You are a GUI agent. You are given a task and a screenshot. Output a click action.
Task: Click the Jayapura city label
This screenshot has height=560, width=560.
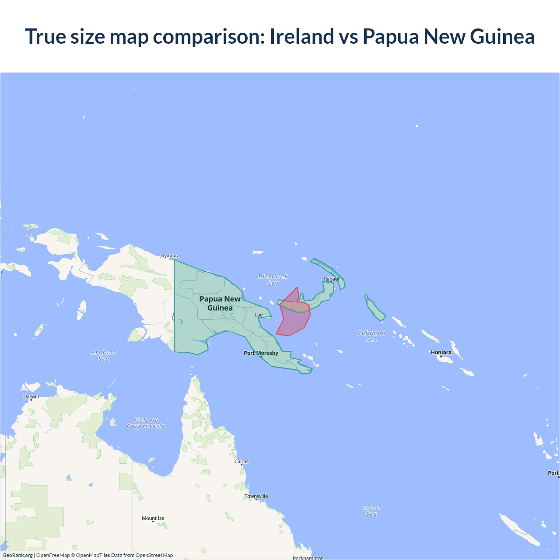click(170, 255)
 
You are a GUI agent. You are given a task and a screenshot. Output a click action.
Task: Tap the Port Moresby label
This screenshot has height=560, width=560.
click(261, 353)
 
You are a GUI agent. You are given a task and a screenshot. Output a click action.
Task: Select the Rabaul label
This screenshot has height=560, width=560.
click(331, 279)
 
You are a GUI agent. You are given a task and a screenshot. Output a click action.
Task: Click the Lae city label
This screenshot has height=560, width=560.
click(259, 315)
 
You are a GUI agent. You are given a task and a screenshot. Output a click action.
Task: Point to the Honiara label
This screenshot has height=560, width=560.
click(441, 352)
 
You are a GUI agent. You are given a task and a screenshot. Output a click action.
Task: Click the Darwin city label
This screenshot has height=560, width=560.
click(31, 397)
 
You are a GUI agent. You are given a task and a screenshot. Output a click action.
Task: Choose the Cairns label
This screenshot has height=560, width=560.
click(241, 462)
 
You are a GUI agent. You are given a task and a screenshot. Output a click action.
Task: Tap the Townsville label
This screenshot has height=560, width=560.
click(256, 496)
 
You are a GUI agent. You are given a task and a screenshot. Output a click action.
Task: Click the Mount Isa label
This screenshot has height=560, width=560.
click(153, 518)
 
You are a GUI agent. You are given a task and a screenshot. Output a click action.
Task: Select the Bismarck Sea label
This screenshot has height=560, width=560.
click(273, 280)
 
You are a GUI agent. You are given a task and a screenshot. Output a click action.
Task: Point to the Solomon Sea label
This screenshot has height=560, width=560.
click(371, 336)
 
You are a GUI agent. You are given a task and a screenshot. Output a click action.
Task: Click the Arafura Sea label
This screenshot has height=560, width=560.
click(104, 355)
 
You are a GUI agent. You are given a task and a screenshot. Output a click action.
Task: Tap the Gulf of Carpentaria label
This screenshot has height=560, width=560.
click(146, 423)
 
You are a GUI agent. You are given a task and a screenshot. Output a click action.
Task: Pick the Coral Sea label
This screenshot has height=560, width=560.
click(371, 511)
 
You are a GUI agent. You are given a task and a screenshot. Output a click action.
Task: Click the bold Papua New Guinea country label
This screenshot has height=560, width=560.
click(220, 303)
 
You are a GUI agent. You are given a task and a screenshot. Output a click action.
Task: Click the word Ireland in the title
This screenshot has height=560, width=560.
click(302, 36)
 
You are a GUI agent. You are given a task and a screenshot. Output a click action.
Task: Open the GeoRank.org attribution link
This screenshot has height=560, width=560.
click(17, 555)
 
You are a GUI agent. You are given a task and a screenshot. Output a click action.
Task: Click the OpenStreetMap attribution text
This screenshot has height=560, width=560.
click(154, 555)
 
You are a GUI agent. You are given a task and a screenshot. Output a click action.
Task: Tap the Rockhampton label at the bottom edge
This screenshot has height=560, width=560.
click(308, 558)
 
